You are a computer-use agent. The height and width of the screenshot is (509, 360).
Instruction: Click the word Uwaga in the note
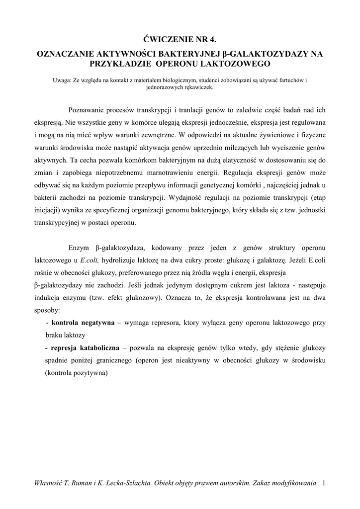[x=62, y=80]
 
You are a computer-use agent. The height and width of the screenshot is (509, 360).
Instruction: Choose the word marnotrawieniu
[x=169, y=173]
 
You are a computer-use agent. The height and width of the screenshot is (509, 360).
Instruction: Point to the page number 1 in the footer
[x=324, y=483]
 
